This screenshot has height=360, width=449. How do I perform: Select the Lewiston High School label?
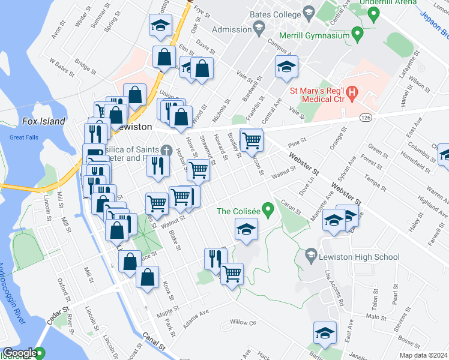coord(361,257)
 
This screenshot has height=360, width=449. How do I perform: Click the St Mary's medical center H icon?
coord(352,94)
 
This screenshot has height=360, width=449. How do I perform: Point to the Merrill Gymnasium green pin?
coord(358,34)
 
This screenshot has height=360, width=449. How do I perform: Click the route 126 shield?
coord(365,118)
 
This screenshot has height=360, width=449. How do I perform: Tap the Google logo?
coord(20,353)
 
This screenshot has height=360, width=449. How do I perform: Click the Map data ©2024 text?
coord(423,355)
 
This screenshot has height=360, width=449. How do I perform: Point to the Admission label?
coord(231,29)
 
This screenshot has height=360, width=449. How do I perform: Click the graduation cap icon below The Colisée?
coord(246,229)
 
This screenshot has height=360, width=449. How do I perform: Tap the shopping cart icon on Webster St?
coord(252,140)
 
